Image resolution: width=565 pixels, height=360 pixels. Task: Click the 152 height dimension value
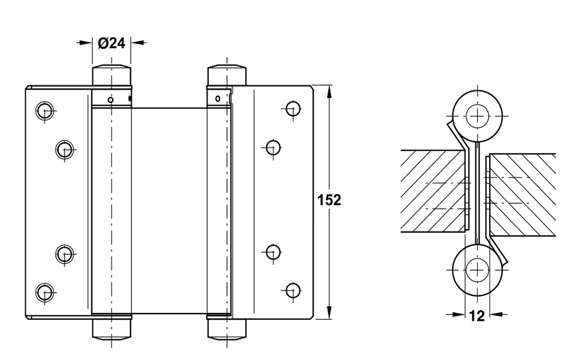(329, 201)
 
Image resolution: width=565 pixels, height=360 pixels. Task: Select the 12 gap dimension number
(477, 315)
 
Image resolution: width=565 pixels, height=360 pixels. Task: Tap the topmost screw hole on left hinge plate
(43, 110)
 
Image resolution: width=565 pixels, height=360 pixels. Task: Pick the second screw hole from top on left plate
(63, 149)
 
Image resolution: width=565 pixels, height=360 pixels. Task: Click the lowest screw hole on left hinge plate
(43, 291)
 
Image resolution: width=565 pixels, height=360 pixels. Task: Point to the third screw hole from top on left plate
(63, 253)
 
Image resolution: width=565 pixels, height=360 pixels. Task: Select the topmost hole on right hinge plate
(292, 108)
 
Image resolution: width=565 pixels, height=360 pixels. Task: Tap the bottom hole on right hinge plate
(292, 290)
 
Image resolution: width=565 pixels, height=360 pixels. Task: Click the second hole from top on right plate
(272, 147)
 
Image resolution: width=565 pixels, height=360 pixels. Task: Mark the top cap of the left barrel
(112, 75)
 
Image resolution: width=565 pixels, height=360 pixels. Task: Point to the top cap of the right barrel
(226, 75)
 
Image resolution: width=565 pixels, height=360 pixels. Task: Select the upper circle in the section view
(477, 115)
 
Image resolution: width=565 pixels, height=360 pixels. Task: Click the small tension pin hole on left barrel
(110, 99)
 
